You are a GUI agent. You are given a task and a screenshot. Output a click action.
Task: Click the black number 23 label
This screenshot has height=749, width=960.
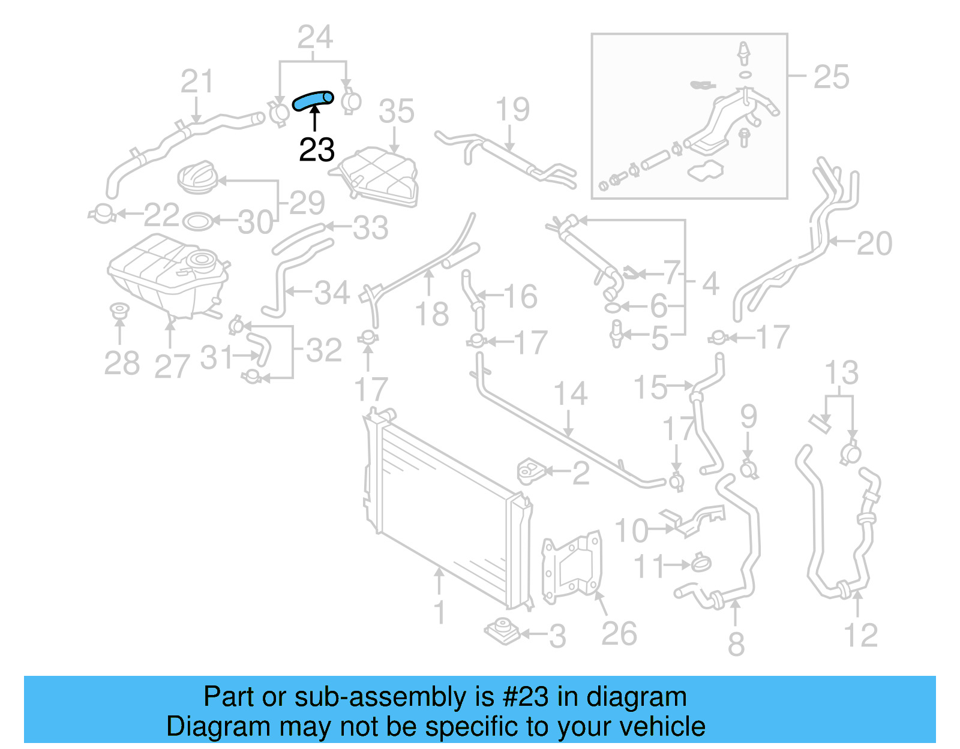pos(316,149)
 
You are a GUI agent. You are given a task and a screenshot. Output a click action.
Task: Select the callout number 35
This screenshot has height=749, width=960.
pos(396,112)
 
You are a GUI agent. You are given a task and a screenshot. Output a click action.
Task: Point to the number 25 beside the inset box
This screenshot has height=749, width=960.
pos(831,77)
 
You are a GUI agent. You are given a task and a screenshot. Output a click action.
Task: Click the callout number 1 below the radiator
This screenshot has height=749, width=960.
pos(440,612)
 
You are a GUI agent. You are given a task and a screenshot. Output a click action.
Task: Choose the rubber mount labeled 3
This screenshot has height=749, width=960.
pos(502,631)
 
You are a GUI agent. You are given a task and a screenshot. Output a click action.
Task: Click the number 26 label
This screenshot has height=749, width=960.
pos(619,634)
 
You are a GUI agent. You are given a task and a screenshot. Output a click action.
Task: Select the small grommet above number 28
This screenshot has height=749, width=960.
pos(119,311)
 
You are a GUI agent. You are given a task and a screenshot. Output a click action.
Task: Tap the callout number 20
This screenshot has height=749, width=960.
pos(874,243)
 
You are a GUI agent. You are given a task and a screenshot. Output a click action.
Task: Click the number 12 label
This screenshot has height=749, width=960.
pos(860,636)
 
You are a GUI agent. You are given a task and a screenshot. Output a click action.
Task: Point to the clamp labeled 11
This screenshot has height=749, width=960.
pos(701,563)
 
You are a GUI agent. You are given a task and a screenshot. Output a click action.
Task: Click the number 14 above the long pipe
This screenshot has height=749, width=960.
pos(569,394)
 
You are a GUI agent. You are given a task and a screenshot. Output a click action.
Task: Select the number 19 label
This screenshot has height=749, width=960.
pos(512,109)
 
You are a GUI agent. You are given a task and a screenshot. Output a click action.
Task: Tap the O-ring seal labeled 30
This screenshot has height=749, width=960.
pos(197,222)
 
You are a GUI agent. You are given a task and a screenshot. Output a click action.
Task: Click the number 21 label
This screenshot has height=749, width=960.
pos(197,82)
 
